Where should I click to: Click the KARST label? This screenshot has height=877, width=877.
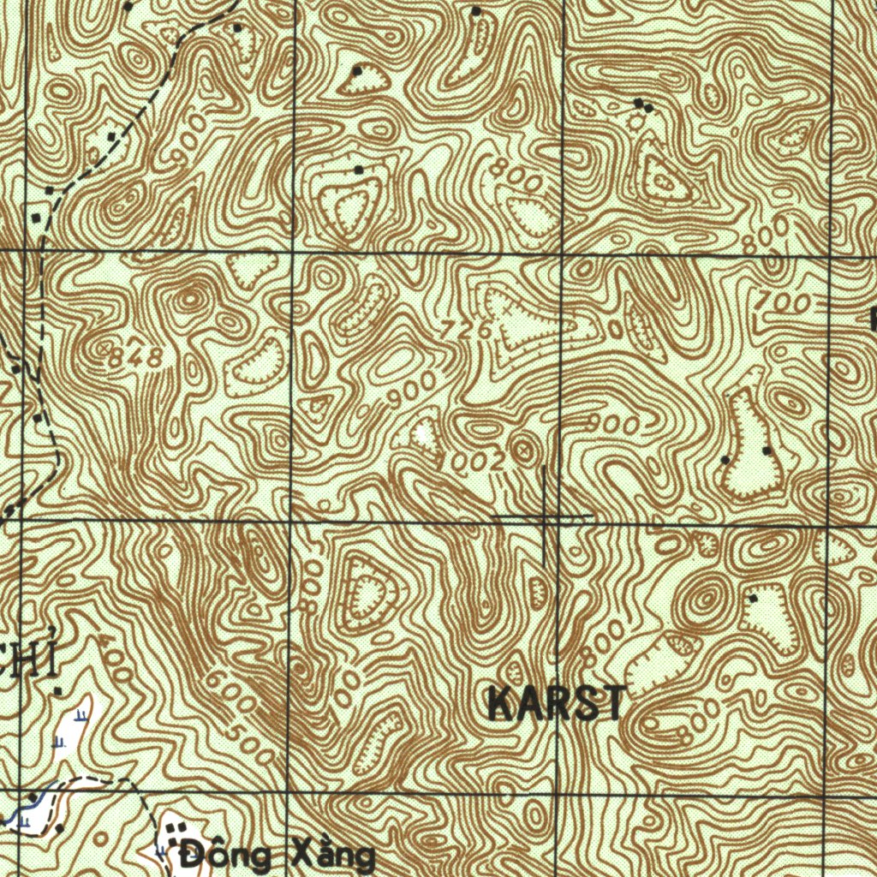pyautogui.click(x=556, y=704)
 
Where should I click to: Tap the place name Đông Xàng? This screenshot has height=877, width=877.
pyautogui.click(x=278, y=855)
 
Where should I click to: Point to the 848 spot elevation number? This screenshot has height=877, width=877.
pyautogui.click(x=137, y=360)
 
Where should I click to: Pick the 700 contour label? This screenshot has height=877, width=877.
pyautogui.click(x=784, y=301)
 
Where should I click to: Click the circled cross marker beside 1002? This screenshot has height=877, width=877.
pyautogui.click(x=523, y=446)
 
